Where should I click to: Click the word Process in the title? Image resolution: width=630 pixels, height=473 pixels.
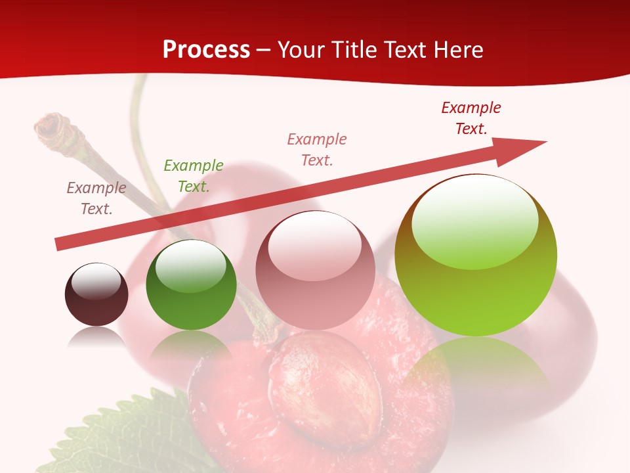[x=206, y=50]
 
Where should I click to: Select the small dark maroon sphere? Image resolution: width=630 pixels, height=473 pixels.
[x=96, y=295]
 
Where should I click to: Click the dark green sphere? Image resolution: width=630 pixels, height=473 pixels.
[x=191, y=285]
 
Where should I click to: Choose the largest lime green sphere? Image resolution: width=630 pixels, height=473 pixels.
[x=476, y=256]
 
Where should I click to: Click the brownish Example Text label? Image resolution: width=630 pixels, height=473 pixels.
[x=96, y=198]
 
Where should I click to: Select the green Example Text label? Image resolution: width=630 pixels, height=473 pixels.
[x=194, y=175]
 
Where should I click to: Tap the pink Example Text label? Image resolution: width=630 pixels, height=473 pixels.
[x=317, y=149]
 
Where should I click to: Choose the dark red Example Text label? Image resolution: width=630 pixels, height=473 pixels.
[x=471, y=118]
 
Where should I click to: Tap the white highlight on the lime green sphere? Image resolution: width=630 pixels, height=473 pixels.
[x=474, y=221]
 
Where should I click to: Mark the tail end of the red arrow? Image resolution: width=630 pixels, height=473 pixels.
[x=61, y=244]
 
